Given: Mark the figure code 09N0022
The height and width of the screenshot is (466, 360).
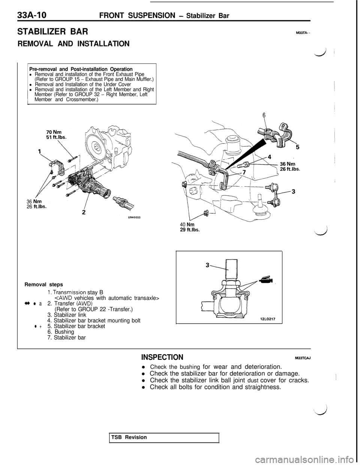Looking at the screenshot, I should (133, 217).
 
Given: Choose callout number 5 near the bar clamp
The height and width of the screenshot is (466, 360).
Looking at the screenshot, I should (297, 147).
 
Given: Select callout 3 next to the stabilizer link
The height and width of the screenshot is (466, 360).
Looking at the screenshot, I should (293, 191).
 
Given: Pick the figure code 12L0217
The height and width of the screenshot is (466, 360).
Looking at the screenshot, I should (268, 319).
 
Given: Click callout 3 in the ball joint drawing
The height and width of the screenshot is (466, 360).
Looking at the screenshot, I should (208, 265).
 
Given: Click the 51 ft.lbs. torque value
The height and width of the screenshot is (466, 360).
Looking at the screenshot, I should (56, 137).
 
